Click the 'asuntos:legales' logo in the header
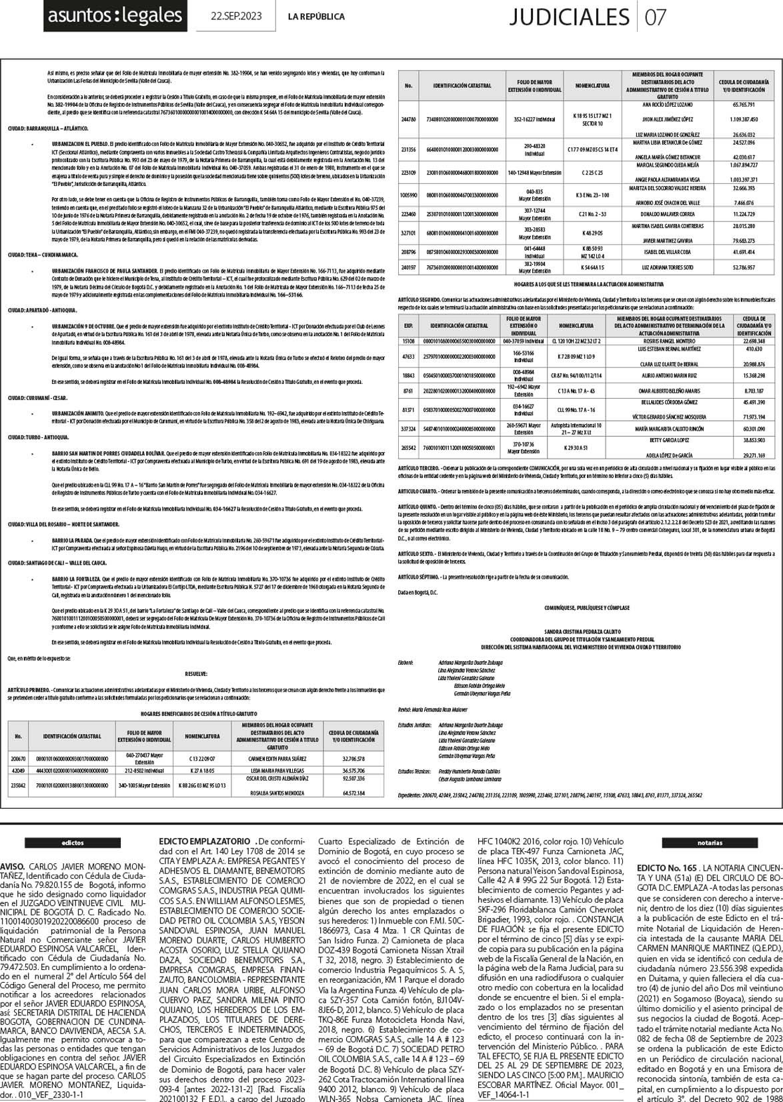tap(115, 16)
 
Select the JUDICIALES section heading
tap(568, 17)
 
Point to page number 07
tap(656, 17)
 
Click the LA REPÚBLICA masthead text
tap(316, 17)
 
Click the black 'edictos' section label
tap(73, 843)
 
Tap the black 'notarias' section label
tap(710, 843)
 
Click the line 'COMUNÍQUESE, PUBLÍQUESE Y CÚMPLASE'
tap(587, 608)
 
